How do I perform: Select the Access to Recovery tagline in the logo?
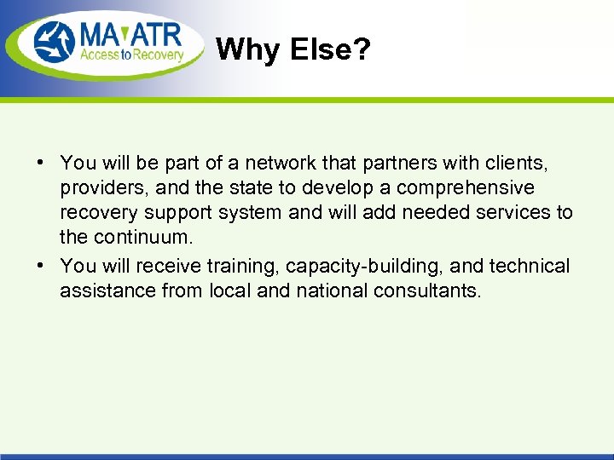(131, 56)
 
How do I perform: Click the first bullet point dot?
(41, 162)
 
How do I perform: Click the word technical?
(530, 266)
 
